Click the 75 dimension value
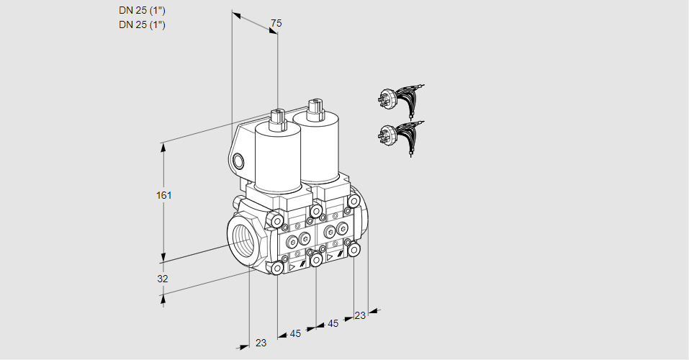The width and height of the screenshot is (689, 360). click(x=276, y=23)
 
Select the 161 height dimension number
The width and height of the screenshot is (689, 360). click(x=164, y=195)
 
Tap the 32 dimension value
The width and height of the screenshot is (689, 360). click(x=163, y=279)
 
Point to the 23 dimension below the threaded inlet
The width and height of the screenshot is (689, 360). click(x=261, y=343)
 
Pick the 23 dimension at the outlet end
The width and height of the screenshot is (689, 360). click(x=360, y=315)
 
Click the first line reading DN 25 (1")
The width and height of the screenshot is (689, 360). click(x=142, y=11)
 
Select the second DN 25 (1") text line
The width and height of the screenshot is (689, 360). click(x=142, y=24)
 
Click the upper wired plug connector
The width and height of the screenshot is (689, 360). click(x=400, y=101)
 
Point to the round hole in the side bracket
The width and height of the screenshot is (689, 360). click(x=238, y=161)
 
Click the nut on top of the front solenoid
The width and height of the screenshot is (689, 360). click(x=278, y=120)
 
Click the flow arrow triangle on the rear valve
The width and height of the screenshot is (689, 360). click(x=330, y=257)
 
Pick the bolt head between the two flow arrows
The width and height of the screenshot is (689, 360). click(x=316, y=261)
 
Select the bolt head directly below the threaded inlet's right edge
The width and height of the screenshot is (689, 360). click(x=277, y=268)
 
